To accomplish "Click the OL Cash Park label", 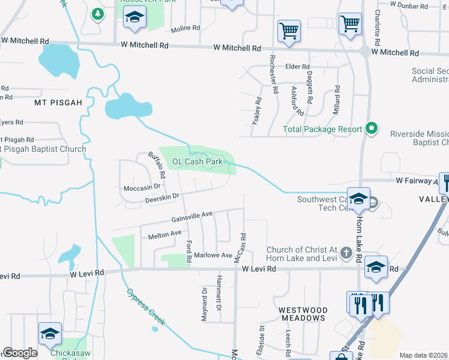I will pos(197,161).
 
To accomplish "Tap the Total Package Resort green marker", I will pos(372,128).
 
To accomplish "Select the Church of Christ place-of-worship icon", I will pos(346,253).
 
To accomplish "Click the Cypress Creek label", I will pos(145,308).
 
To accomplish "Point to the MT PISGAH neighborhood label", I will pos(58,103).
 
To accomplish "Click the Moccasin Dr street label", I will pos(143,188).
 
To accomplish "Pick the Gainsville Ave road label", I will pos(192,215).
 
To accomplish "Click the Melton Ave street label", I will pos(164,233).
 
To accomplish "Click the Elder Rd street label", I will pos(297,67).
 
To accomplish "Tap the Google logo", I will pos(20,353).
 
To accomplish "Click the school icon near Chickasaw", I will pos(50,333).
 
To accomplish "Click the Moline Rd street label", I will pos(185,28).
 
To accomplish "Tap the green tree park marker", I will pos(97,13).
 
